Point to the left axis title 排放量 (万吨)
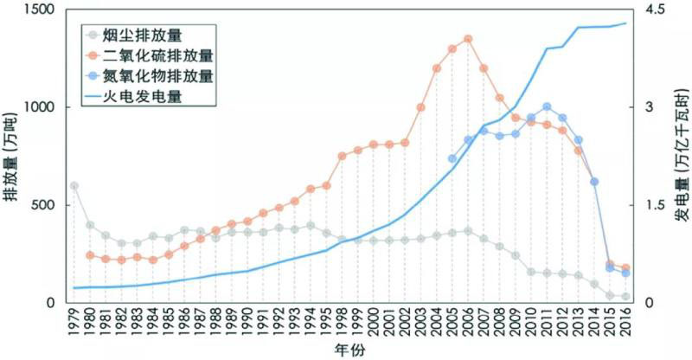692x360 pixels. pos(11,156)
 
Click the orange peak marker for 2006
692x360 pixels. pos(468,39)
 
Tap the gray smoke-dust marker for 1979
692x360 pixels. pos(74,186)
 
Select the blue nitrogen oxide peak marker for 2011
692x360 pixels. pos(547,107)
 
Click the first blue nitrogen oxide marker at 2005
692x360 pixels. pos(452,158)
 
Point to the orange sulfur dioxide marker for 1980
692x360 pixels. pos(90,255)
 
